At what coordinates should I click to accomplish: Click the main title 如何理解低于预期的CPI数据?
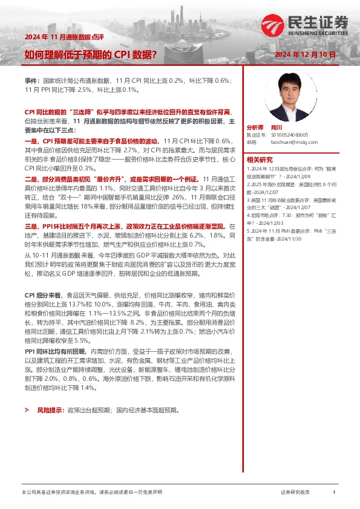point(91,55)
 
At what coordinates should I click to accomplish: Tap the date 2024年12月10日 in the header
point(305,55)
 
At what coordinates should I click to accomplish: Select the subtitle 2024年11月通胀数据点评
point(64,37)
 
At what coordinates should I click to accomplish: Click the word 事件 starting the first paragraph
point(31,80)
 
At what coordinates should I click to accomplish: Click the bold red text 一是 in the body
point(31,140)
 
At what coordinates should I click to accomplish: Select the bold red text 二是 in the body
point(31,180)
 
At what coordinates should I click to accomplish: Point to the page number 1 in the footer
point(334,493)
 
